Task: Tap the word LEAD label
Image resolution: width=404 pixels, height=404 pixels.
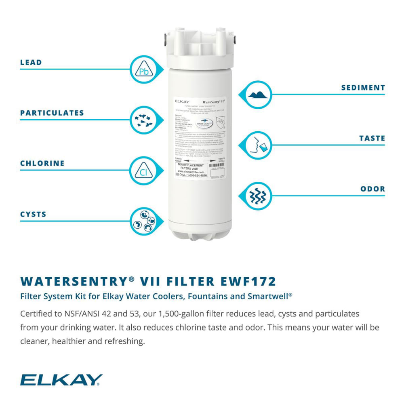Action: coord(31,63)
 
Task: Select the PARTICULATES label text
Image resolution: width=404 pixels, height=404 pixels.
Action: coord(52,113)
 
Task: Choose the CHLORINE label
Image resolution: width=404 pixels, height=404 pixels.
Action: coord(42,164)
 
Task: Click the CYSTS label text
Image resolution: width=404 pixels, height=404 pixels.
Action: coord(34,214)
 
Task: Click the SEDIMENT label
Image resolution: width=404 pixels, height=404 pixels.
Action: coord(363,88)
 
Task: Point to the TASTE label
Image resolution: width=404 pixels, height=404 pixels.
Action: coord(372,138)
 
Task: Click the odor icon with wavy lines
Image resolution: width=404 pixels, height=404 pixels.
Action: coord(259,196)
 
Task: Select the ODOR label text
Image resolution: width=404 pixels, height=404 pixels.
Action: coord(372,189)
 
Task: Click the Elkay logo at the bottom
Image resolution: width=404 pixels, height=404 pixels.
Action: coord(61,380)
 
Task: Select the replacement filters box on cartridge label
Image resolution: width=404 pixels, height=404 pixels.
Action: coord(192,170)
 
